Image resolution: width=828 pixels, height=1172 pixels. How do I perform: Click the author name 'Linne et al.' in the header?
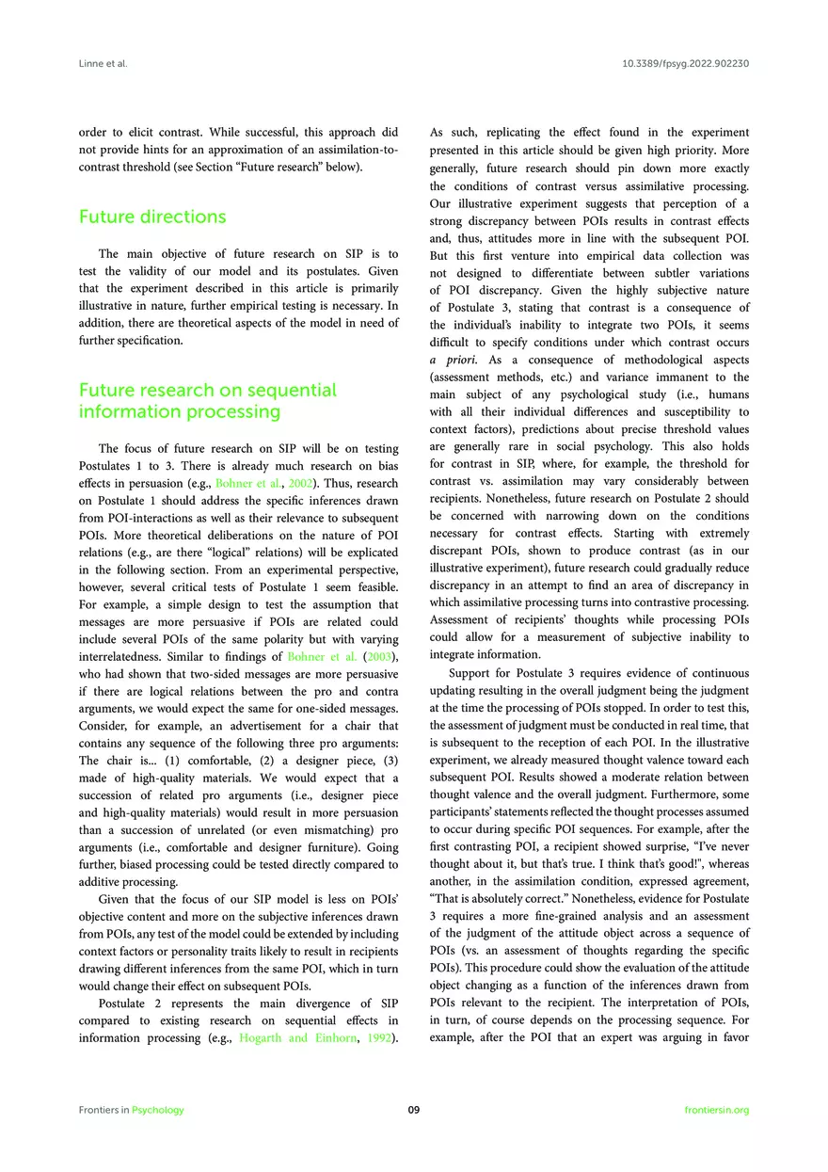coord(103,64)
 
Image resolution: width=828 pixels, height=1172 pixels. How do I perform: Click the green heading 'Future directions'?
coord(152,217)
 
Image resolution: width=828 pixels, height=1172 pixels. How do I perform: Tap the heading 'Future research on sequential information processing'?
coord(207,400)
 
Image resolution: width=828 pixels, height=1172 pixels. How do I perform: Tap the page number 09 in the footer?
coord(414,1110)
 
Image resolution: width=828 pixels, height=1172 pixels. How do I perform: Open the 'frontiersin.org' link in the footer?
coord(718,1110)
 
